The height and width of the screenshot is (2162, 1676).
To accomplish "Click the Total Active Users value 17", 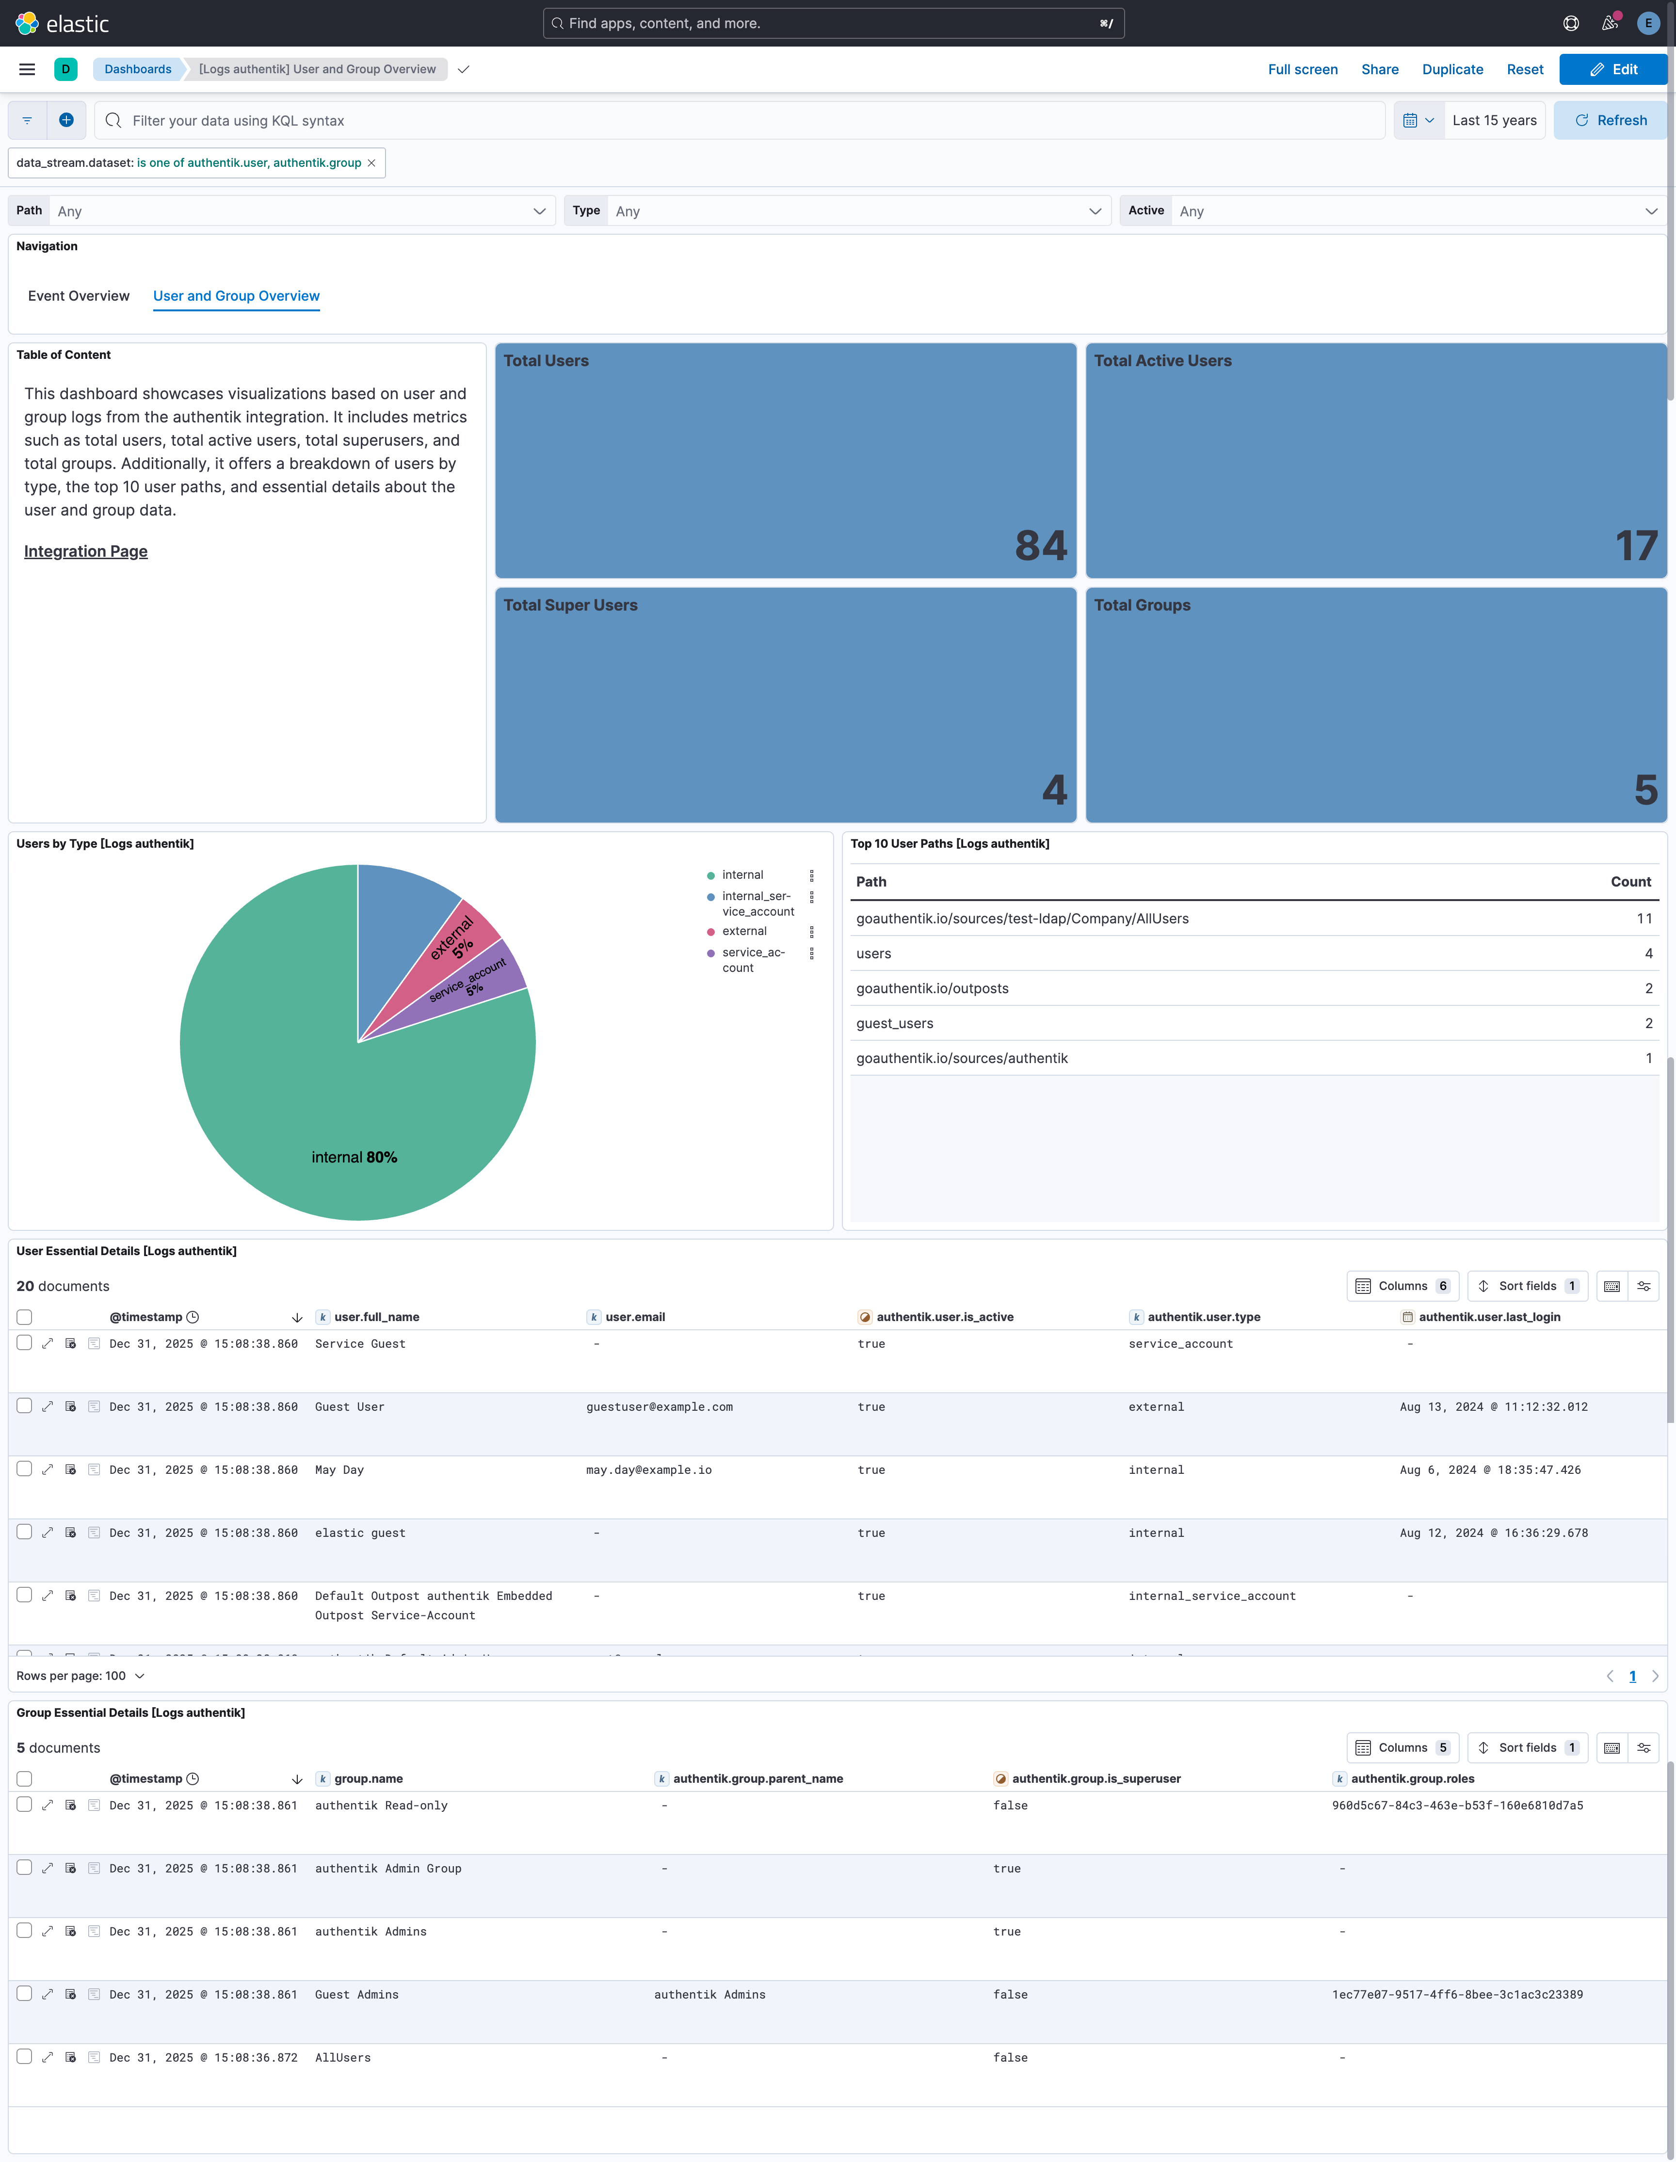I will click(x=1636, y=546).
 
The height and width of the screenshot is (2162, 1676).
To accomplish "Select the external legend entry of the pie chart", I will click(x=743, y=932).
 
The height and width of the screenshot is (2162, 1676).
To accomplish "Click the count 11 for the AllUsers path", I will click(x=1644, y=919).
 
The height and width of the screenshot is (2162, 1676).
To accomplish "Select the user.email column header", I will click(x=635, y=1317).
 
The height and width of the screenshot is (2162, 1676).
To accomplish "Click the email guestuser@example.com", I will click(x=660, y=1407).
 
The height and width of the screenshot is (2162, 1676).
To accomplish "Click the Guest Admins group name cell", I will click(x=356, y=1995).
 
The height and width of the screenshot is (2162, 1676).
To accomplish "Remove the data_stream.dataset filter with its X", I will click(x=371, y=163).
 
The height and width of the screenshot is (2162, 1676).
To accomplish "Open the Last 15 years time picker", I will click(x=1494, y=121).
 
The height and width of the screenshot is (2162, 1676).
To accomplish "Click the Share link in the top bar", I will click(x=1379, y=69).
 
